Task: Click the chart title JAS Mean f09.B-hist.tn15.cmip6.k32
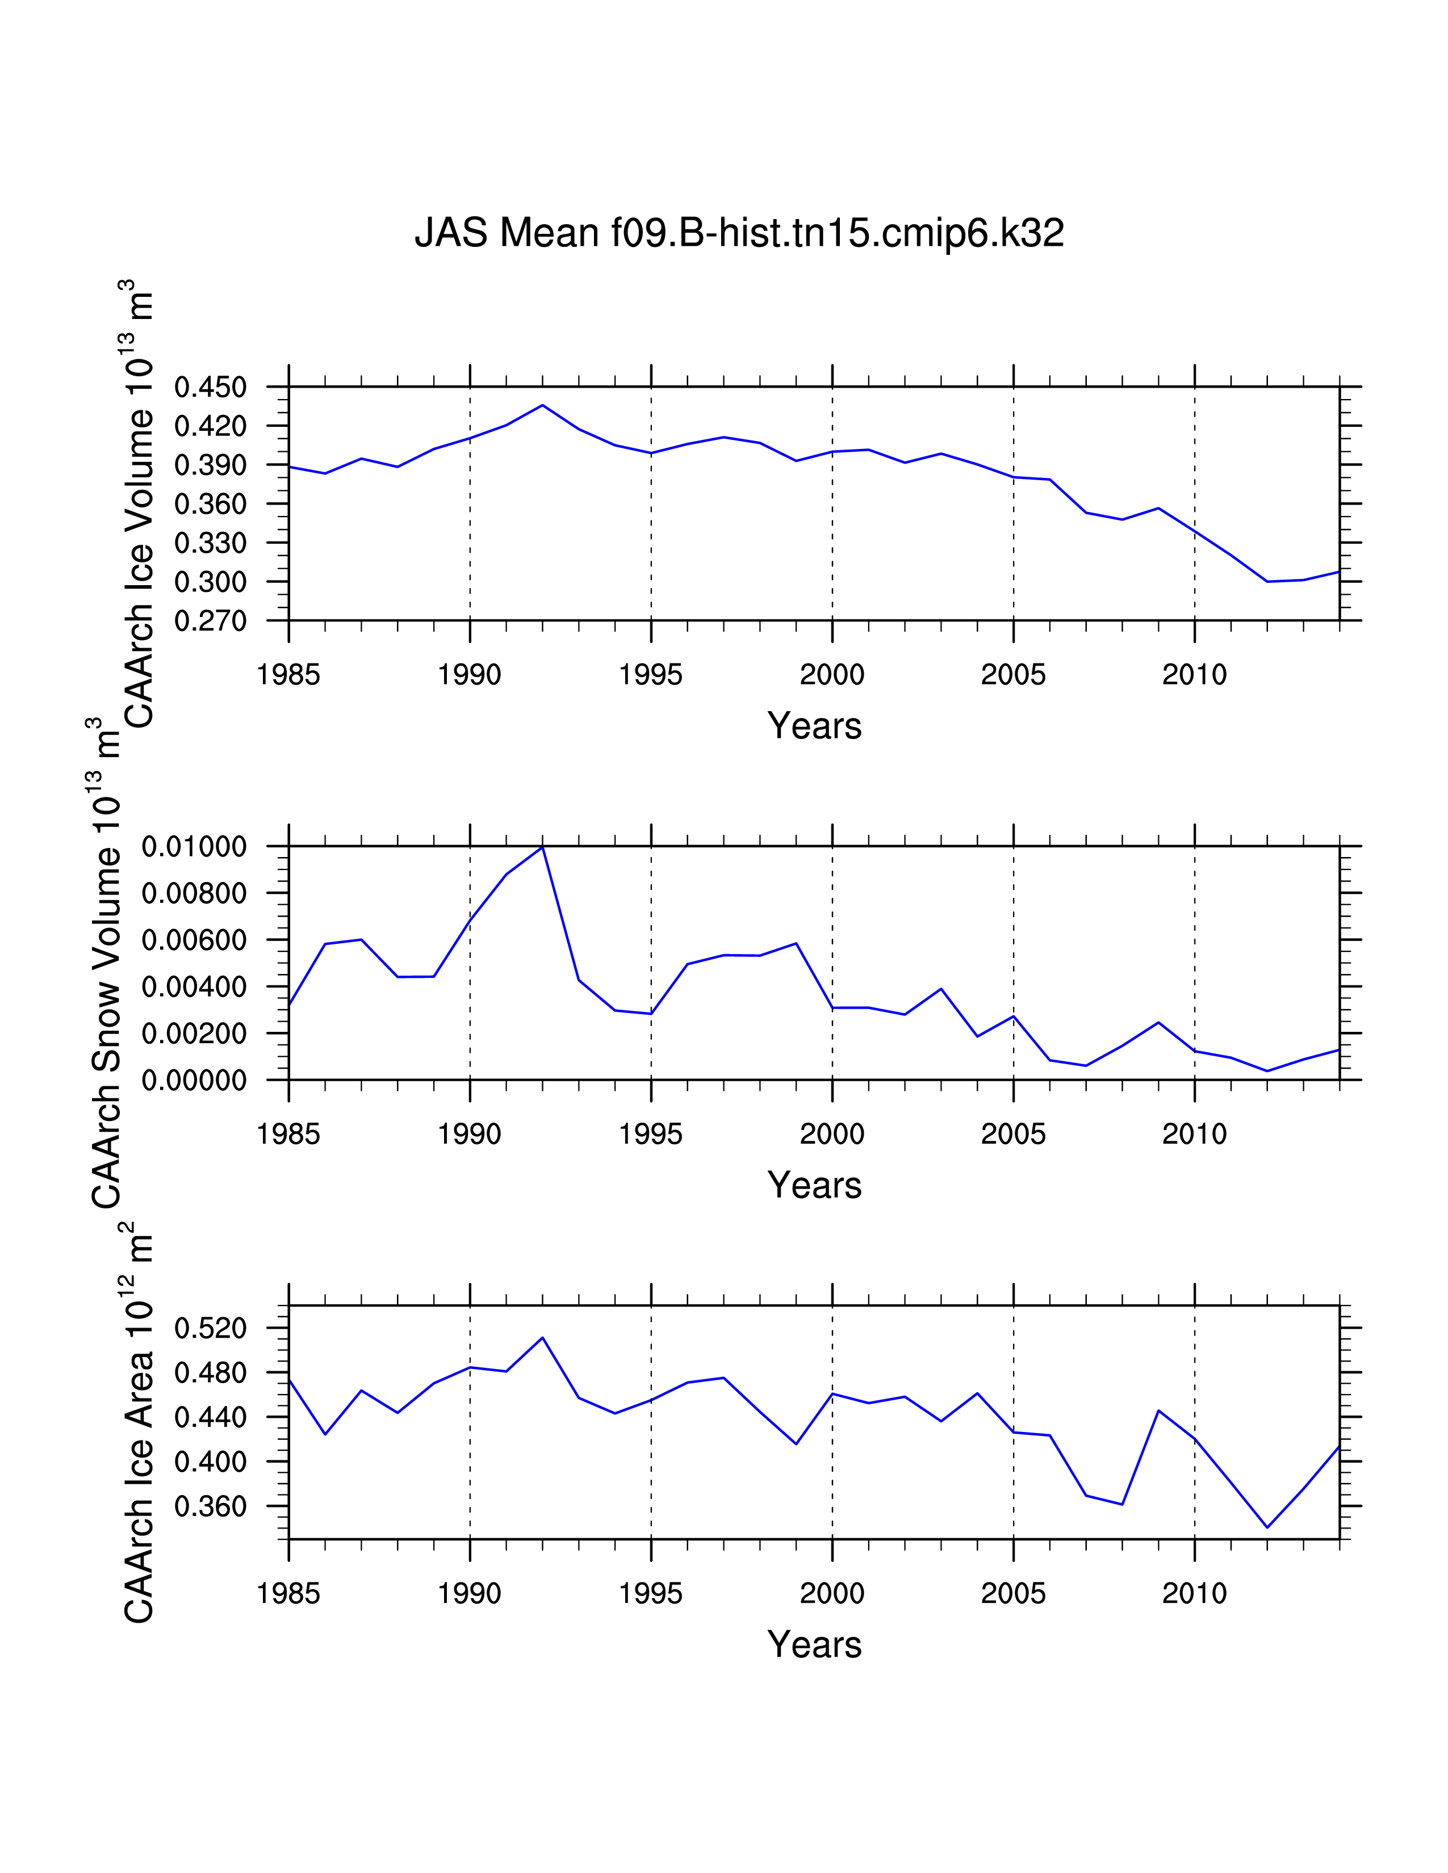(739, 233)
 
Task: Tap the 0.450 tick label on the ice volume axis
(210, 388)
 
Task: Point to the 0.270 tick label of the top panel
(210, 621)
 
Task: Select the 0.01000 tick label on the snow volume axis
(194, 847)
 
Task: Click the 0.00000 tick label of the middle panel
(194, 1081)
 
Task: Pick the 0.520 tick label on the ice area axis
(210, 1329)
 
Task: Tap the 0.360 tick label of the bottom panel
(210, 1507)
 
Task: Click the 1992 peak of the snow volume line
(542, 847)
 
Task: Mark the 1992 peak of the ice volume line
(542, 405)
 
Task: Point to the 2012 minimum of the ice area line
(1267, 1527)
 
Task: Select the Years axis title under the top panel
(814, 726)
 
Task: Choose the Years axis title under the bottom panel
(814, 1645)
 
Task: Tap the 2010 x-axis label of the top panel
(1194, 676)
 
